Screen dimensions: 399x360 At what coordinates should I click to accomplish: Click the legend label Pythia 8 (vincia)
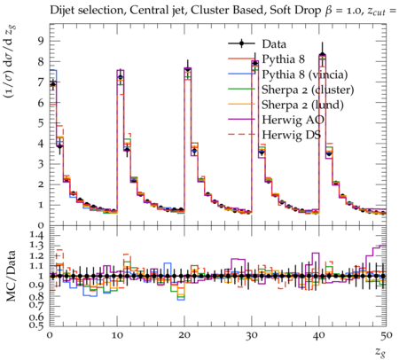point(305,74)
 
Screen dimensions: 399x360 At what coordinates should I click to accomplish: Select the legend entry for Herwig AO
point(293,120)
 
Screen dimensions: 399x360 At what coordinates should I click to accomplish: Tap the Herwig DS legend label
point(292,135)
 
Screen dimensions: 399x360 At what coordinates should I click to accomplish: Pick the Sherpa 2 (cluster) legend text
point(308,90)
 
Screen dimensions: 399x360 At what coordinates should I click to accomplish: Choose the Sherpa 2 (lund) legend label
point(302,105)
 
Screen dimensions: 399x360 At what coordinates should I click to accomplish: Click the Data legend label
point(274,44)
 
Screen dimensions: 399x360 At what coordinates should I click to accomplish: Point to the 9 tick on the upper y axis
point(40,41)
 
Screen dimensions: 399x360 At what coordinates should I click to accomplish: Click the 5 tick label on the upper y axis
point(40,123)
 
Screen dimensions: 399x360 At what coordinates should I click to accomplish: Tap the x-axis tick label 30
point(252,335)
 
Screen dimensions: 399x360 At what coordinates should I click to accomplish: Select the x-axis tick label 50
point(387,335)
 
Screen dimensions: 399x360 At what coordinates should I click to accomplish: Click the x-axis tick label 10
point(117,335)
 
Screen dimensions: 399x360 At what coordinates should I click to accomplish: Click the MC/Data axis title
point(12,276)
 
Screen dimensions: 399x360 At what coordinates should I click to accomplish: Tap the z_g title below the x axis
point(380,352)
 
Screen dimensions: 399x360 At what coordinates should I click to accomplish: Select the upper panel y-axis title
point(12,61)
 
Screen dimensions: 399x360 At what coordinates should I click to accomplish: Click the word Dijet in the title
point(61,11)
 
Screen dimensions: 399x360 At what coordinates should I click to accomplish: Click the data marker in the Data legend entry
point(241,43)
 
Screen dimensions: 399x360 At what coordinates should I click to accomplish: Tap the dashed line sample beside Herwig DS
point(241,135)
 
